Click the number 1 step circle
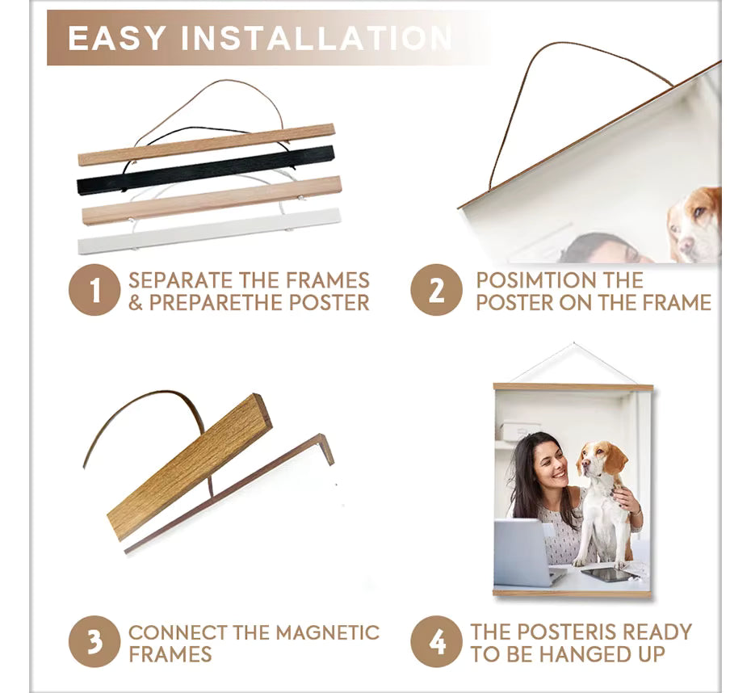coord(94,290)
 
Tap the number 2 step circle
coord(436,290)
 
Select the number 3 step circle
coord(94,641)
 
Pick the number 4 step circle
coord(436,641)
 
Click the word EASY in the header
coord(117,38)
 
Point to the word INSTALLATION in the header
coord(317,38)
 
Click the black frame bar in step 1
coord(206,170)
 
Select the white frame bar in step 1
coord(209,231)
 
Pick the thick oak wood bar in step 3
coord(189,468)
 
